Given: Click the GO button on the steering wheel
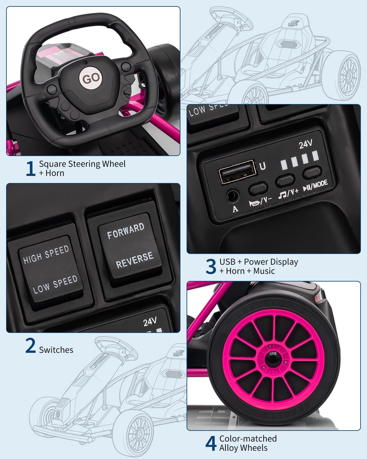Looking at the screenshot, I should (x=91, y=78).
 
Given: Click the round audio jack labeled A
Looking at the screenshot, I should (x=232, y=196).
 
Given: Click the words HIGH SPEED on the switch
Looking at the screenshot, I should (x=46, y=255).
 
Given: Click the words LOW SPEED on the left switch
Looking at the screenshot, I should (x=55, y=284).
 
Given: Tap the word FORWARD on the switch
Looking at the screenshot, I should (x=126, y=231).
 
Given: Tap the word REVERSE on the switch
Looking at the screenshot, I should (x=134, y=260).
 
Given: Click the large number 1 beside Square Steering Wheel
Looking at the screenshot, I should (x=31, y=169).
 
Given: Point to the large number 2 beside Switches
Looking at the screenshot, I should (x=31, y=346).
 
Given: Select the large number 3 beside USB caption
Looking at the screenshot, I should (x=211, y=267).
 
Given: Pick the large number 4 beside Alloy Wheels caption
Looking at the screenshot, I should (x=211, y=443).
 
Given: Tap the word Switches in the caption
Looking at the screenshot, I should (x=56, y=350).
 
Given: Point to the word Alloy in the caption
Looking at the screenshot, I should (x=231, y=448).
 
